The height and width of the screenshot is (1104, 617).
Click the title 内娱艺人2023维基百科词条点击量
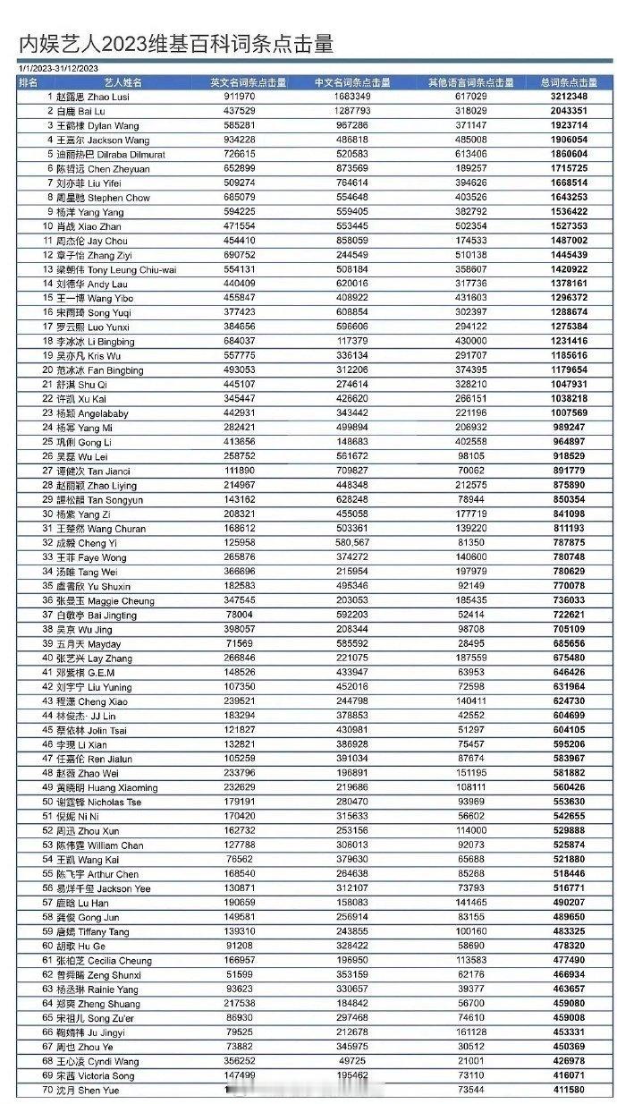click(176, 44)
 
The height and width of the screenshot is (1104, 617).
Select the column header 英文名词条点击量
click(248, 82)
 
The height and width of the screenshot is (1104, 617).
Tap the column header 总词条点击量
click(569, 82)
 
